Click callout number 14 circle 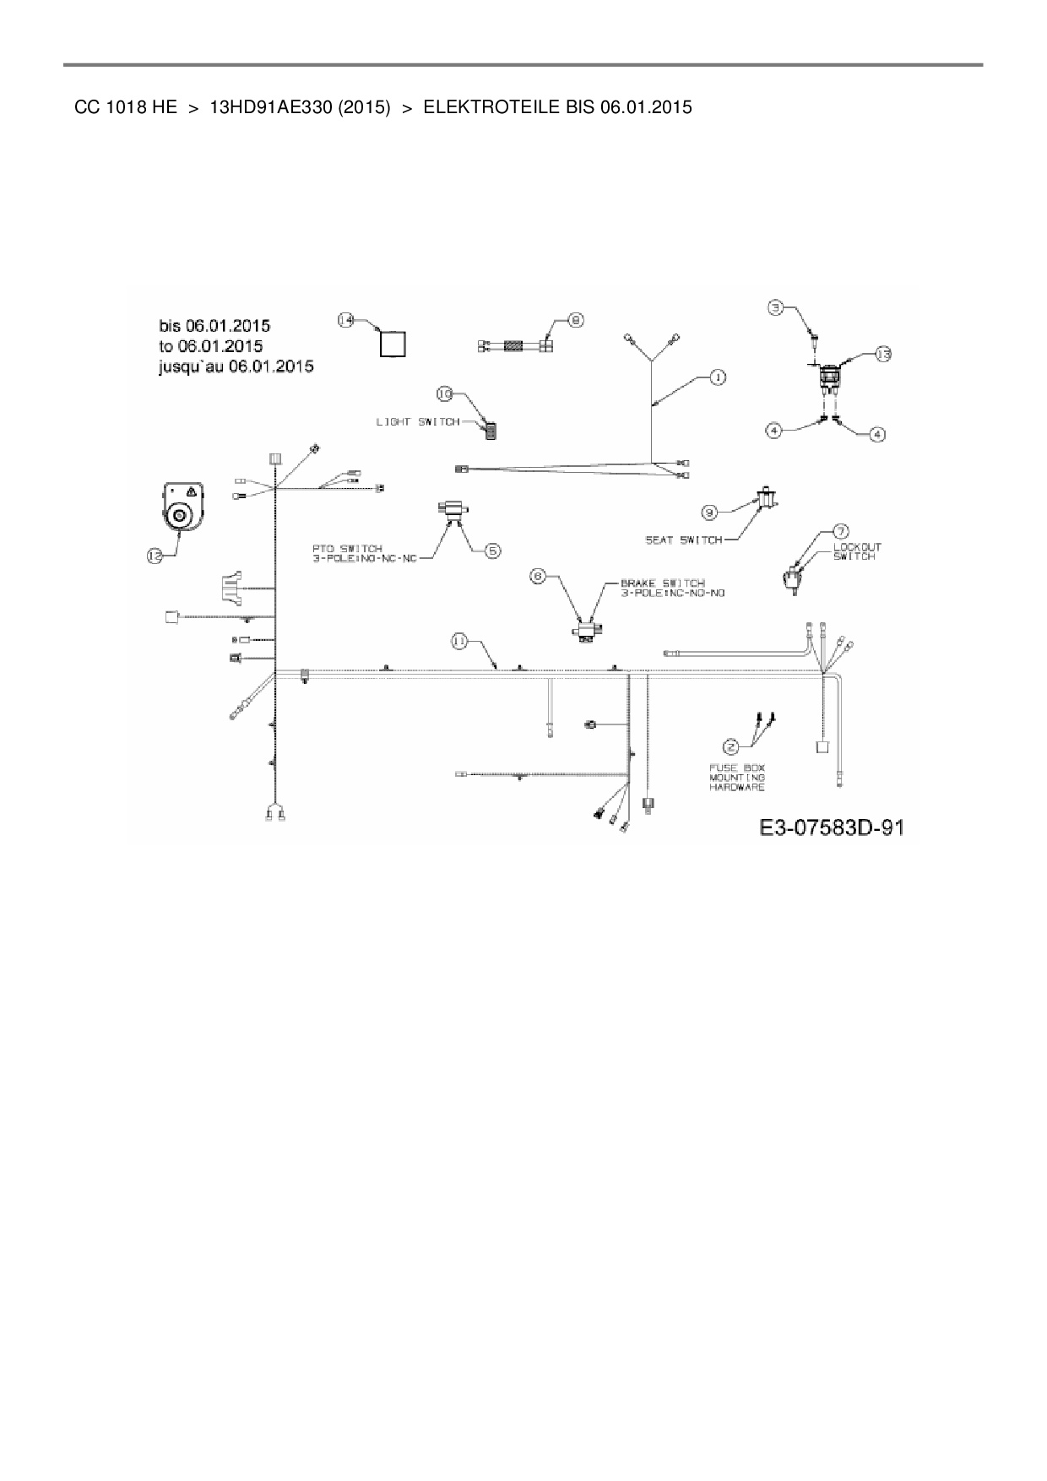tap(346, 320)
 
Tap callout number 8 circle tap(576, 320)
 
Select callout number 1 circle tap(717, 377)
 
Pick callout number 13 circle tap(882, 355)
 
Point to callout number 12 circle tap(155, 555)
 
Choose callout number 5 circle tap(492, 550)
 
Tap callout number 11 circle tap(458, 642)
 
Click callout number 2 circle tap(730, 746)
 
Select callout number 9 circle tap(710, 511)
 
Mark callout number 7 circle tap(841, 531)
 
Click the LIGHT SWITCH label tap(418, 421)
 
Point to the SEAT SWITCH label tap(684, 540)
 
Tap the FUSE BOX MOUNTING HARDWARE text tap(737, 778)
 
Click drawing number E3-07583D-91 tap(832, 827)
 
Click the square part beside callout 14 tap(392, 345)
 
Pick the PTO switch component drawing tap(453, 510)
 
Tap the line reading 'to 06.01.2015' tap(210, 346)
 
